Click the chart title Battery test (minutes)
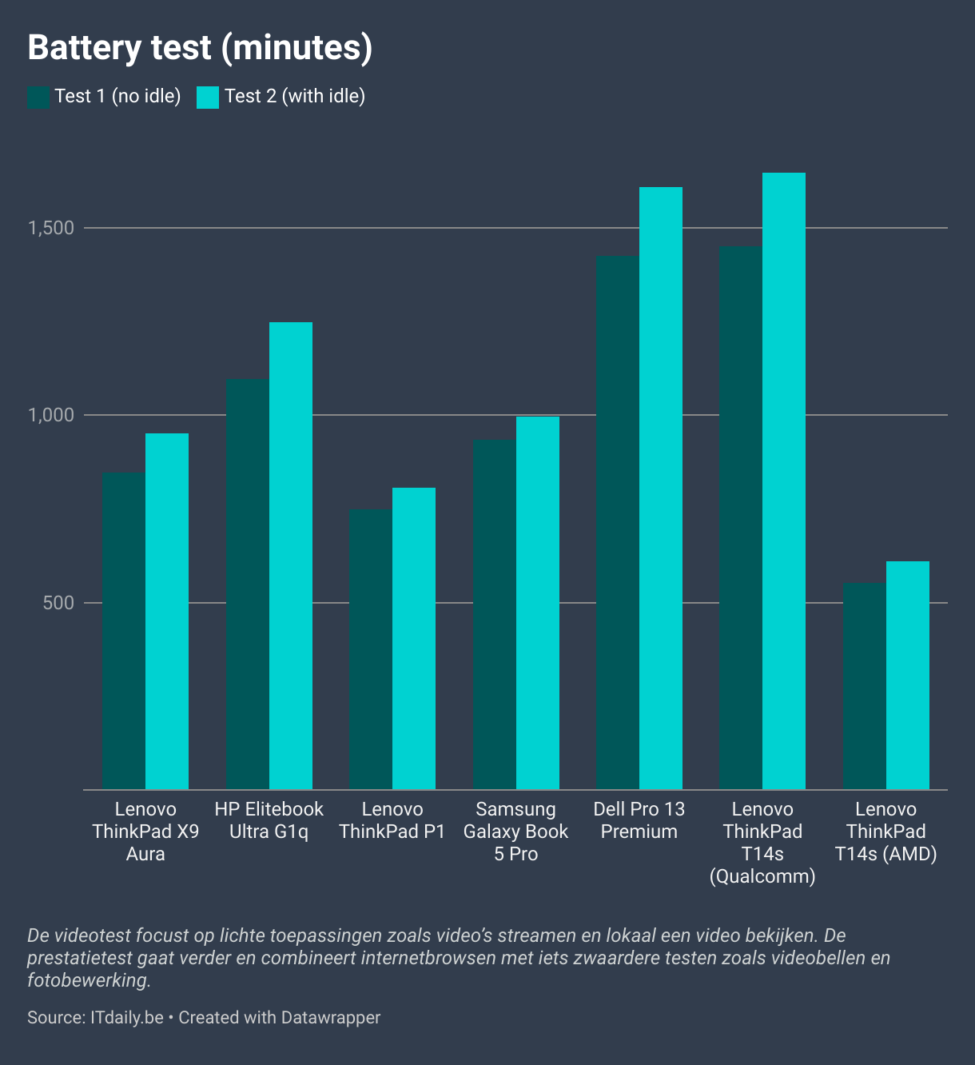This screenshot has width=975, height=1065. tap(200, 48)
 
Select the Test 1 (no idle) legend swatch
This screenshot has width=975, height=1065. tap(38, 97)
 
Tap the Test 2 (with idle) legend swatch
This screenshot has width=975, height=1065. tap(208, 97)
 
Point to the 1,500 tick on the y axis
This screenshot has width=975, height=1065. tap(51, 228)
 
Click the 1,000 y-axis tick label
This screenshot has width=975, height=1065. tap(51, 415)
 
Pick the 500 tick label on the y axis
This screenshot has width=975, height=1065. tap(58, 603)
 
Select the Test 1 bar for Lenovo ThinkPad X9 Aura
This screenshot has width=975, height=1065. tap(124, 632)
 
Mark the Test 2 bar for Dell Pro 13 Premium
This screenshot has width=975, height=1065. tap(661, 488)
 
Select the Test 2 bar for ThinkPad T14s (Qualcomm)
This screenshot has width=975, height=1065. tap(784, 481)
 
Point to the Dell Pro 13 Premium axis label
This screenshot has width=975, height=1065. tap(639, 820)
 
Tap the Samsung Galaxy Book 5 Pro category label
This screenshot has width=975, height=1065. tap(515, 832)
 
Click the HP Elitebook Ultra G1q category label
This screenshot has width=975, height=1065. tap(269, 820)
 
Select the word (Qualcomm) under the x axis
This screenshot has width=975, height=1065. tap(762, 876)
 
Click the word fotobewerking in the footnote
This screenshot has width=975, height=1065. tap(88, 979)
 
